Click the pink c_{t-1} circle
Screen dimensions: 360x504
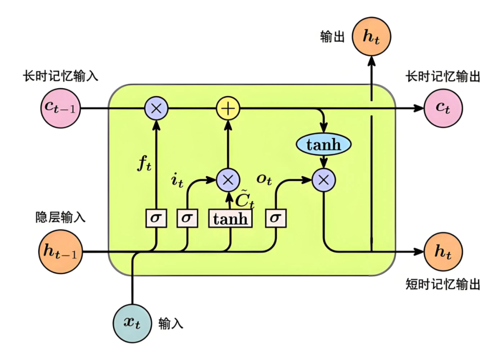click(x=61, y=108)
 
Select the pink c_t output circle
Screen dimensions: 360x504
click(x=443, y=108)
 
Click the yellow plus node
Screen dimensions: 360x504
click(x=228, y=108)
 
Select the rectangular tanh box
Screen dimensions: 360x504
click(x=230, y=219)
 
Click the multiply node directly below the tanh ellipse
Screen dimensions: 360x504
click(x=323, y=179)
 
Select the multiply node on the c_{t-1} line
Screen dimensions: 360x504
click(x=156, y=108)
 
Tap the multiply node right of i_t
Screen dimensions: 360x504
click(x=228, y=179)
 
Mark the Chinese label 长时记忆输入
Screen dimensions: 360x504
click(x=61, y=76)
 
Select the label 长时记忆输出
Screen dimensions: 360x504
click(x=443, y=76)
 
